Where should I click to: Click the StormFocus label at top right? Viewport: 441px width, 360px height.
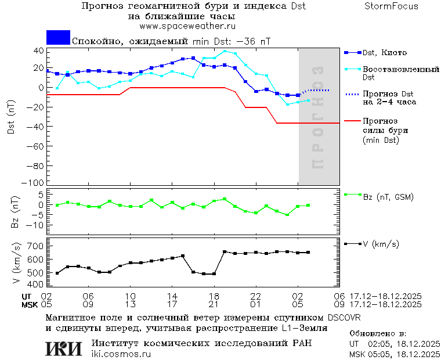(391, 6)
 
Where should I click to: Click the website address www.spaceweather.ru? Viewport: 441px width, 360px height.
(187, 26)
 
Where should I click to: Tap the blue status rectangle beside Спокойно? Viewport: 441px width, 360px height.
(58, 38)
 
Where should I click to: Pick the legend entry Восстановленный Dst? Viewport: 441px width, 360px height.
(400, 73)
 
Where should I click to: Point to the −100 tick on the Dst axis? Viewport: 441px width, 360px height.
(36, 182)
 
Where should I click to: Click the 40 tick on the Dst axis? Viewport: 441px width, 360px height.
(39, 51)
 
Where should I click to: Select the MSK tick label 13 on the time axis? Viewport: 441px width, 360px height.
(131, 304)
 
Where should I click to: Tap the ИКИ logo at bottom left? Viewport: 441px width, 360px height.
(64, 348)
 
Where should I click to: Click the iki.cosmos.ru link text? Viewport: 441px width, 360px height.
(121, 354)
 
